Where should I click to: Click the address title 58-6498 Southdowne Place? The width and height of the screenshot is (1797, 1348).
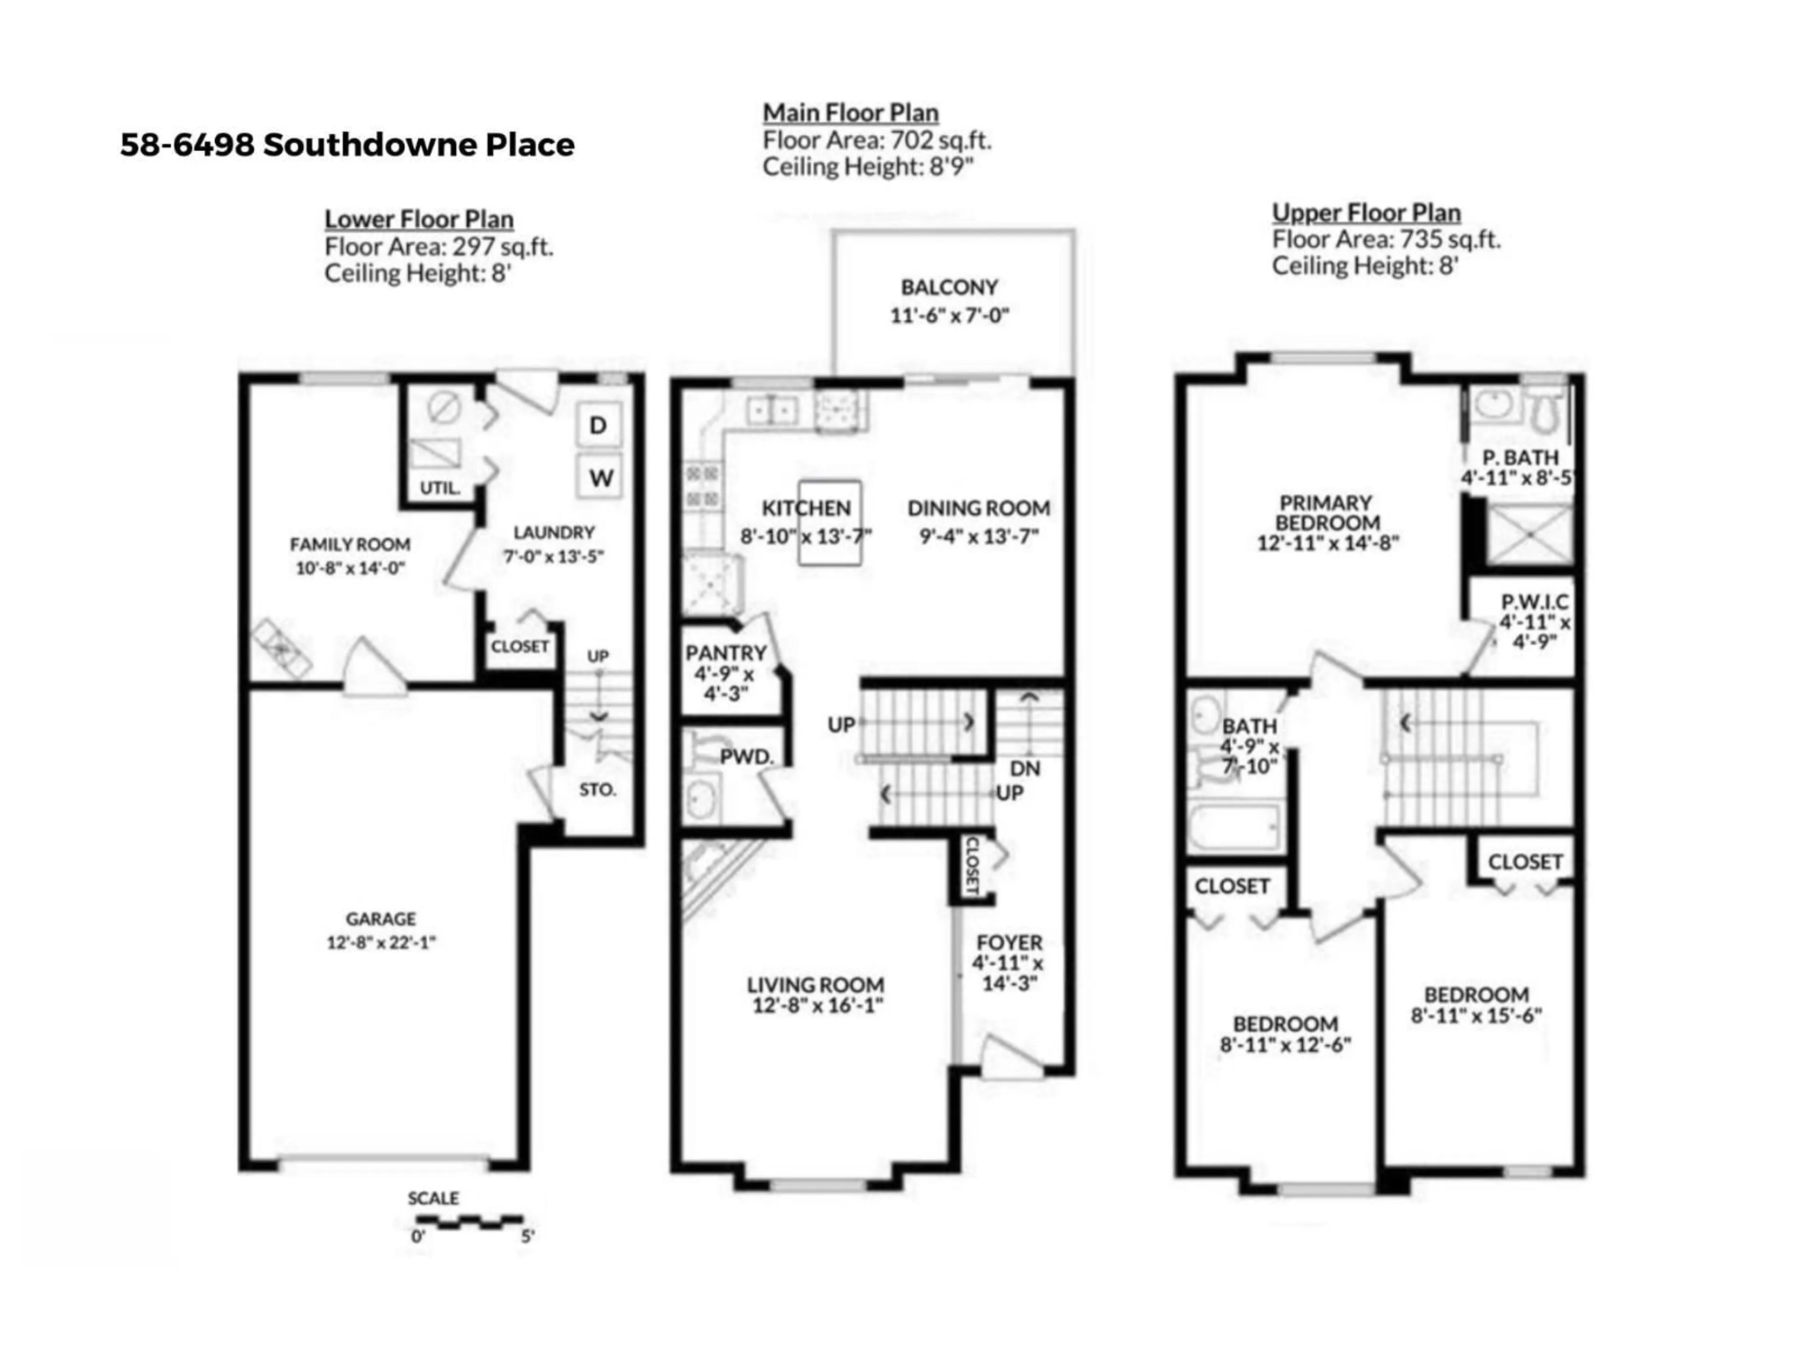click(x=348, y=145)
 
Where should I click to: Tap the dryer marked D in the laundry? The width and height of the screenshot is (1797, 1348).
click(x=599, y=425)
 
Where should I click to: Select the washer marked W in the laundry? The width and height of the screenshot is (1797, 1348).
click(x=599, y=477)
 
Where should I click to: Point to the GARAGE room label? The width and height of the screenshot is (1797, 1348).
click(x=381, y=919)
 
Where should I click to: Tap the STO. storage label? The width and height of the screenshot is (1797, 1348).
click(x=598, y=790)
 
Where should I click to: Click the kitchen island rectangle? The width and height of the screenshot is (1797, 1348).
click(x=829, y=522)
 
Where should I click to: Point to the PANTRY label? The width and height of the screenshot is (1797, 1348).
click(x=725, y=652)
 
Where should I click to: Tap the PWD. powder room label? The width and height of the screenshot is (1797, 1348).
click(x=746, y=756)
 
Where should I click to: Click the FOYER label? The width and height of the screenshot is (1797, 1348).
click(x=1009, y=943)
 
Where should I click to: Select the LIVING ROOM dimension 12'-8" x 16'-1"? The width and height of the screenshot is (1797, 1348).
click(x=817, y=1005)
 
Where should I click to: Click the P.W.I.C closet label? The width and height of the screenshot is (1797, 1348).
click(x=1534, y=602)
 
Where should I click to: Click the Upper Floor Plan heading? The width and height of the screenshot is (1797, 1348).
click(x=1366, y=213)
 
